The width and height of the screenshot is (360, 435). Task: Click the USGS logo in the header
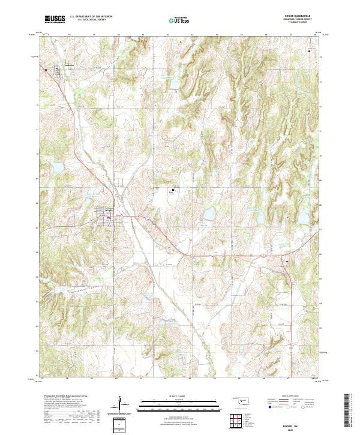point(55,20)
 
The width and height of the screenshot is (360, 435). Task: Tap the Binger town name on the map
point(109,211)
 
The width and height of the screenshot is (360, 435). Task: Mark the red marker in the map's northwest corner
point(45,68)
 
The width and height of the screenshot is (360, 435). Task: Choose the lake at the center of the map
point(209,213)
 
